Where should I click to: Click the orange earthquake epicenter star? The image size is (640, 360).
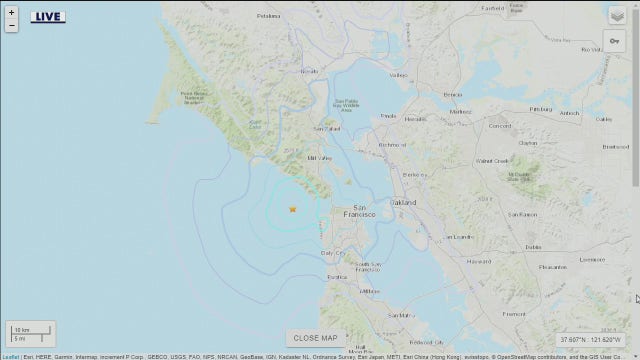pyautogui.click(x=292, y=209)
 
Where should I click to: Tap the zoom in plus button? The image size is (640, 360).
pyautogui.click(x=10, y=25)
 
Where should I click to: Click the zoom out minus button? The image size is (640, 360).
pyautogui.click(x=10, y=38)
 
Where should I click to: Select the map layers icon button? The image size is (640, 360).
pyautogui.click(x=616, y=15)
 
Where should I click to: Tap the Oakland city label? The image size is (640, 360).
pyautogui.click(x=403, y=202)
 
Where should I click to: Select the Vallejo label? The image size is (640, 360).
pyautogui.click(x=399, y=75)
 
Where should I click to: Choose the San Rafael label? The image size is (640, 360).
pyautogui.click(x=328, y=129)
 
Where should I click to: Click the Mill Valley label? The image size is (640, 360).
pyautogui.click(x=318, y=158)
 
